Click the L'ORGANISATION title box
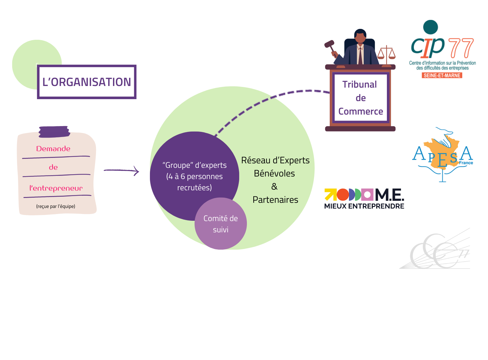point(87,82)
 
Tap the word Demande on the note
point(53,149)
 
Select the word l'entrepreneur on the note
point(56,188)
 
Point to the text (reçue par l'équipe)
point(56,206)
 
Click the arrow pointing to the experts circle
point(121,171)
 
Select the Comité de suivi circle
point(221,224)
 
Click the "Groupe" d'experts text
point(195,165)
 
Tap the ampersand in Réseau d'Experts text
point(274,186)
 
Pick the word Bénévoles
point(274,173)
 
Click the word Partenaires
point(275,200)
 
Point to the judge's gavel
point(330,45)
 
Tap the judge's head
point(360,36)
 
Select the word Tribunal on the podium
point(360,84)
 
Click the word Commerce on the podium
point(361,111)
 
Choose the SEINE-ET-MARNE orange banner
point(442,75)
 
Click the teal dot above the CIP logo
point(431,27)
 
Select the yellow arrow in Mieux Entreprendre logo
point(330,194)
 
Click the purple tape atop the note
point(54,132)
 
